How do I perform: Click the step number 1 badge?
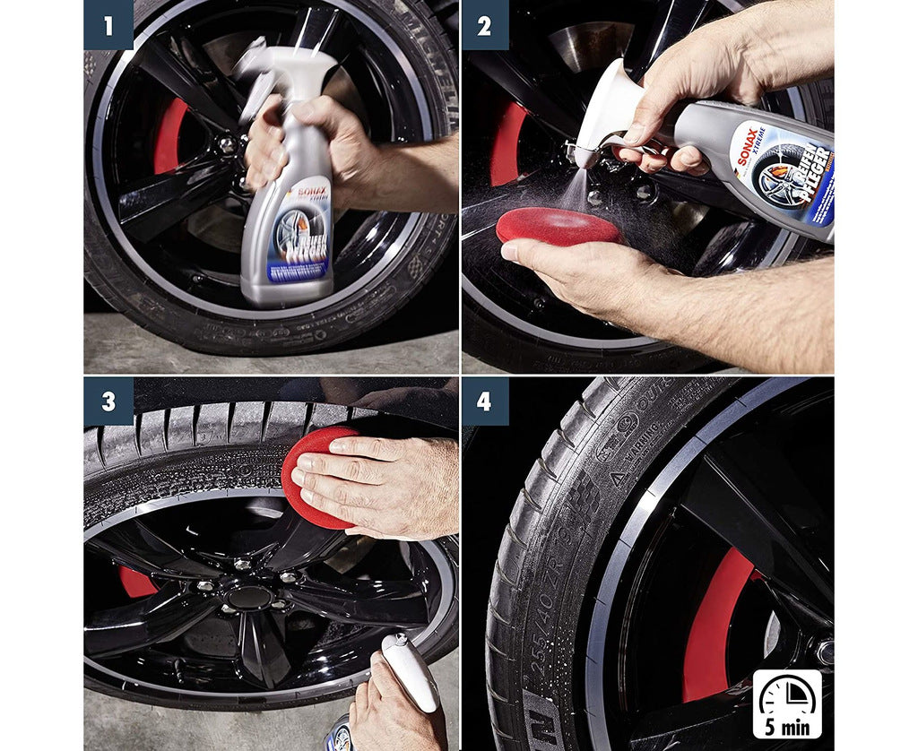(108, 25)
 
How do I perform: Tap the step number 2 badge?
(484, 25)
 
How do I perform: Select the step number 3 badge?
(108, 401)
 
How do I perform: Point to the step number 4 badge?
(484, 401)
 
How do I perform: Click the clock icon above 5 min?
(786, 695)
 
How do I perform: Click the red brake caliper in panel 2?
(507, 143)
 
